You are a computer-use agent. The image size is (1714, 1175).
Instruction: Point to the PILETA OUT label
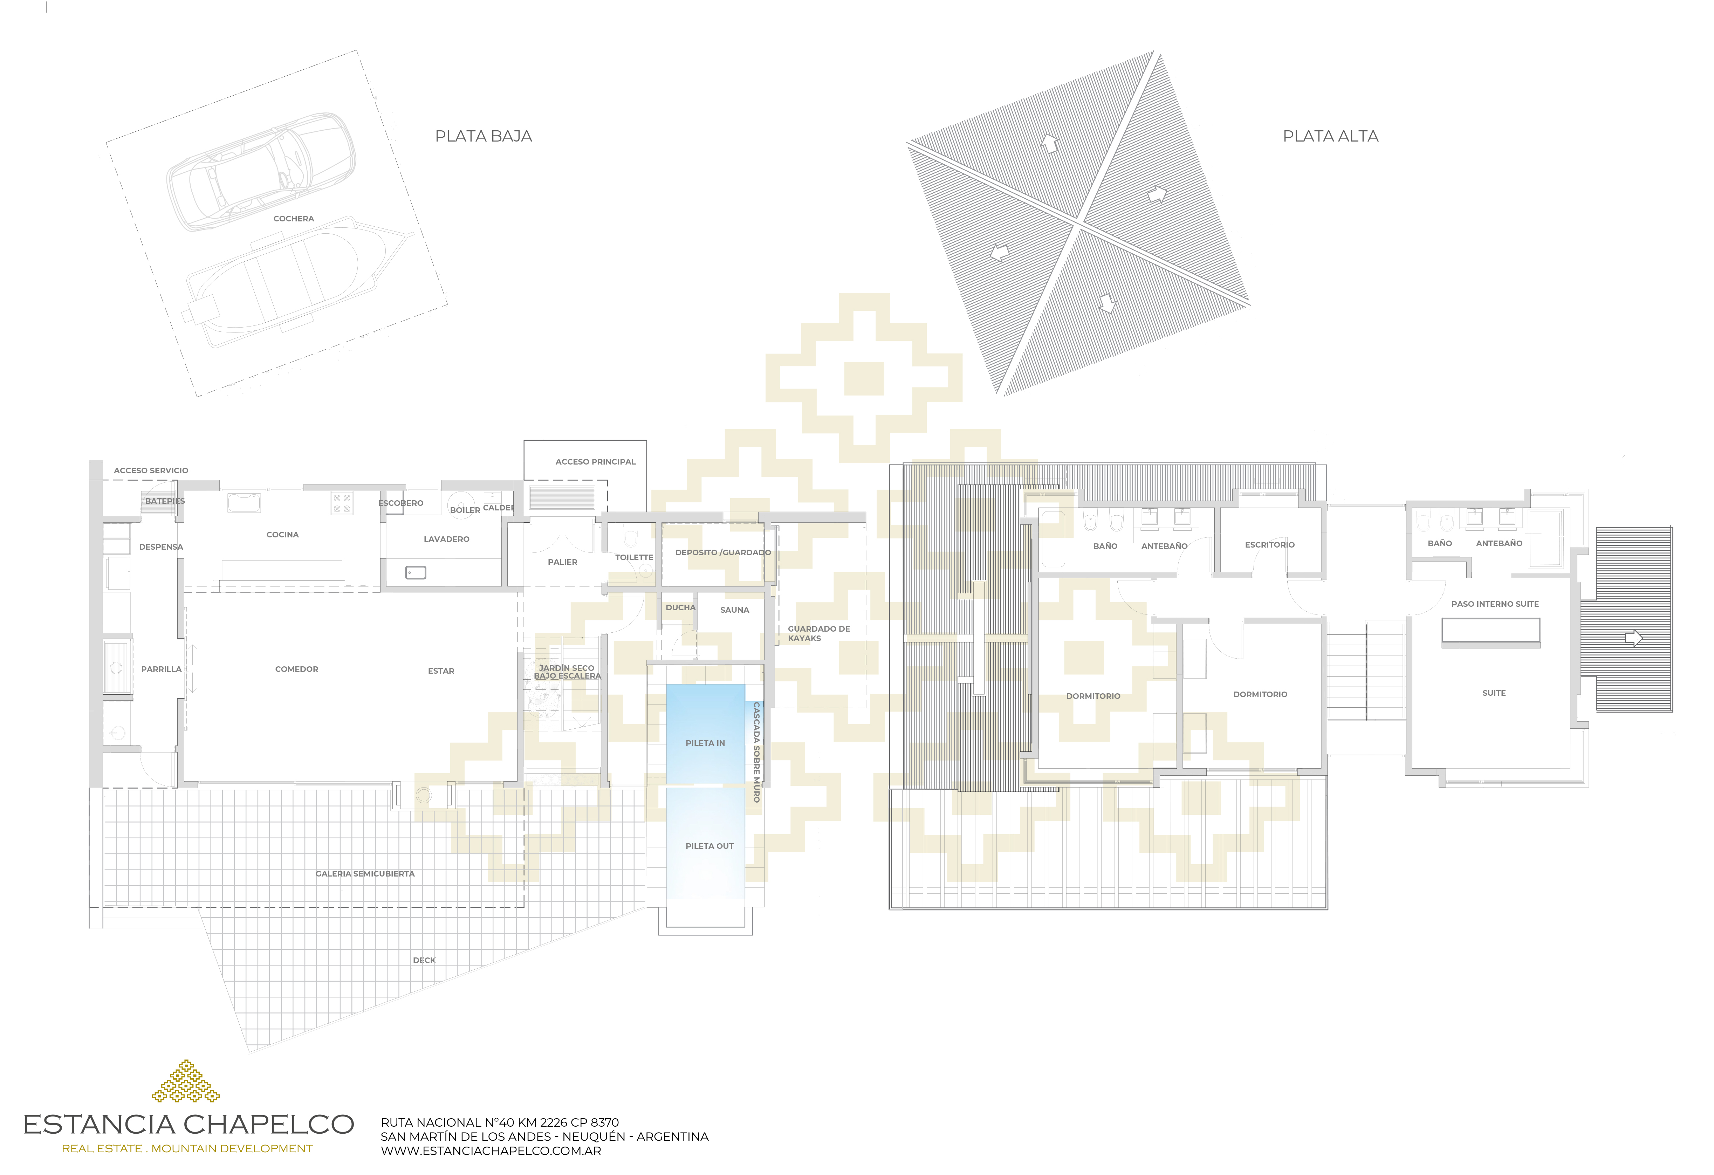pyautogui.click(x=709, y=846)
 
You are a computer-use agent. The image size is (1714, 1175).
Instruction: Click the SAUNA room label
pyautogui.click(x=735, y=610)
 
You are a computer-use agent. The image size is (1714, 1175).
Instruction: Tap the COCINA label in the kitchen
pyautogui.click(x=282, y=535)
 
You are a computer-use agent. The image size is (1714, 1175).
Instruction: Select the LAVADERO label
pyautogui.click(x=446, y=539)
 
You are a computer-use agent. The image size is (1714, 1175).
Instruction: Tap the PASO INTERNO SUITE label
pyautogui.click(x=1495, y=604)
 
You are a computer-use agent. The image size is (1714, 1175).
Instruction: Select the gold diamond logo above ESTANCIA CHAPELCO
pyautogui.click(x=186, y=1082)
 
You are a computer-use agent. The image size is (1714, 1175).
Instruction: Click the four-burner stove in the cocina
pyautogui.click(x=342, y=503)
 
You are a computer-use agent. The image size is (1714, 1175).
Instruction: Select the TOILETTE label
pyautogui.click(x=634, y=558)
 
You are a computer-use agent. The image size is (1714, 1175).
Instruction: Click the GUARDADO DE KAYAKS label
pyautogui.click(x=819, y=634)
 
